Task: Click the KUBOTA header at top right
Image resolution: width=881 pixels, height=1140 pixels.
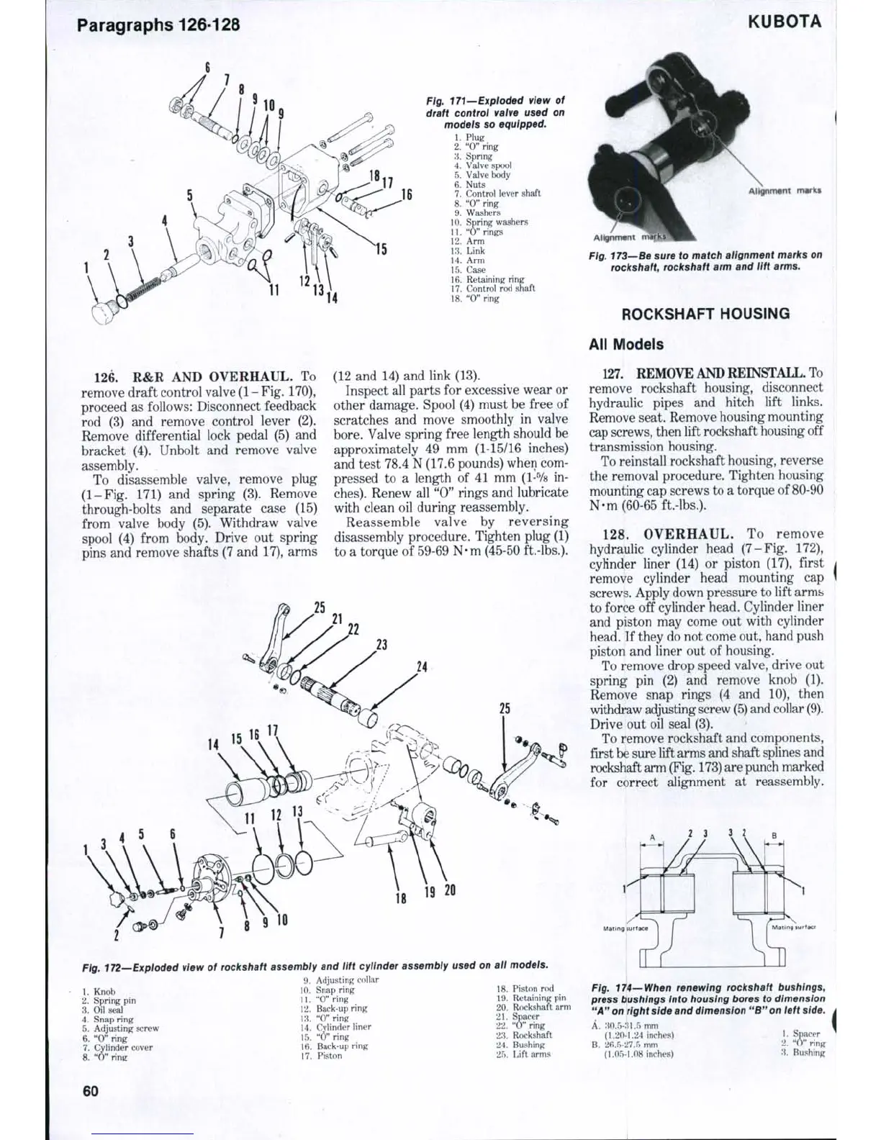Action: point(784,22)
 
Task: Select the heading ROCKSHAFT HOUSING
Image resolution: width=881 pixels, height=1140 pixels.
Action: point(705,314)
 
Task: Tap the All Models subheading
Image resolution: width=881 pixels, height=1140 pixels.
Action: point(625,344)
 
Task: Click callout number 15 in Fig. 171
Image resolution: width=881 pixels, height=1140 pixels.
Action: point(381,249)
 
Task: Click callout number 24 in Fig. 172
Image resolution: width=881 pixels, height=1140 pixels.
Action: point(422,666)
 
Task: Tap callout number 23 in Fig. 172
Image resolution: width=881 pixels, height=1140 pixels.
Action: point(381,644)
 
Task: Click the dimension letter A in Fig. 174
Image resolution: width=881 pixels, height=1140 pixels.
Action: point(652,837)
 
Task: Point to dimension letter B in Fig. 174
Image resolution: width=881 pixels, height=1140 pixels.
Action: point(774,837)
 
